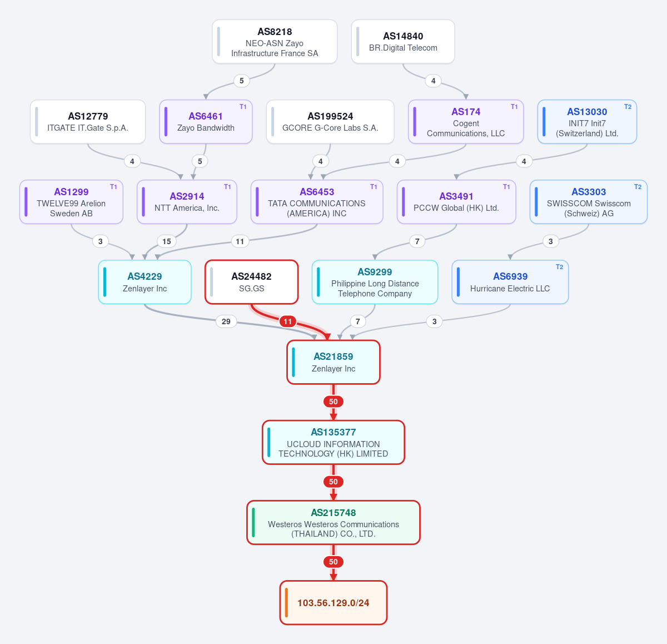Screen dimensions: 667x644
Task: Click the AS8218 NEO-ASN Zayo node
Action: pos(275,42)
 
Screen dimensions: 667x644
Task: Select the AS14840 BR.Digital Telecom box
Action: pos(403,42)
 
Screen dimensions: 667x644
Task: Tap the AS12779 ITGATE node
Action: pos(88,122)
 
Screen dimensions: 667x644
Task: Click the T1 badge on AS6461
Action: pos(243,107)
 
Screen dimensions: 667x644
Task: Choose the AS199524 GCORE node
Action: pos(330,122)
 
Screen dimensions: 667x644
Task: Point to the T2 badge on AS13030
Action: pos(628,107)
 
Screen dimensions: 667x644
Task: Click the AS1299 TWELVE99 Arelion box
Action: pos(71,202)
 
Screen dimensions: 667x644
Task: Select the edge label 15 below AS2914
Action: pos(167,241)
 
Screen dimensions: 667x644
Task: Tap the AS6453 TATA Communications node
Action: pos(317,202)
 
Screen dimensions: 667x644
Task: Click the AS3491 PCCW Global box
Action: pos(456,202)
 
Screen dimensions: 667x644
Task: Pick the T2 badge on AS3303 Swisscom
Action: pos(638,187)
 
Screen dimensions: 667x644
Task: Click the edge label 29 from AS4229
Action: pos(226,321)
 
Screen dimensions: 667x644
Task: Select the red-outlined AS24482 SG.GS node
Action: pos(252,282)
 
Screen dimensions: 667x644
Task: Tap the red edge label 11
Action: pos(287,321)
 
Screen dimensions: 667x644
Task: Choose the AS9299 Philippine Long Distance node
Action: pos(375,282)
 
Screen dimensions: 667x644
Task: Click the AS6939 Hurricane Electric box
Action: pos(510,282)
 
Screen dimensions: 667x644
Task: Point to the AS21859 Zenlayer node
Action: pos(333,362)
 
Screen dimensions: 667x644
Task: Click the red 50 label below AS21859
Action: pos(333,402)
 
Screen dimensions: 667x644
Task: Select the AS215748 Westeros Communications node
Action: pos(333,523)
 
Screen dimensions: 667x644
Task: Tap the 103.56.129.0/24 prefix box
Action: pos(333,602)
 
